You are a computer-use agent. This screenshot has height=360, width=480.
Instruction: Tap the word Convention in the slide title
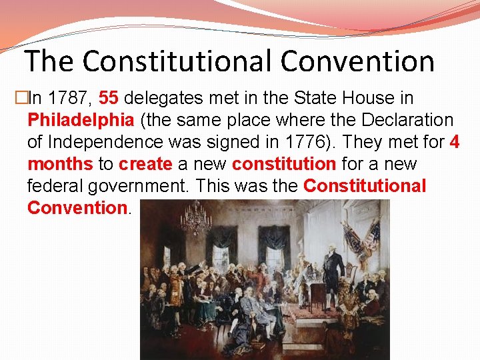357,61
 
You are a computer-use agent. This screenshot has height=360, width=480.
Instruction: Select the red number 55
109,98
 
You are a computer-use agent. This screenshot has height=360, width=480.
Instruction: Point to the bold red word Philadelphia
80,120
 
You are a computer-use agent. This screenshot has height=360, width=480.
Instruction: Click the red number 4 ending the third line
454,142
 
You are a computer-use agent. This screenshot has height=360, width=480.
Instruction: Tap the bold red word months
61,164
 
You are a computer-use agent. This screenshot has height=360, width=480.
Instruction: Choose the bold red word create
145,164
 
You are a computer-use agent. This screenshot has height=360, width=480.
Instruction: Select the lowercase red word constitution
284,164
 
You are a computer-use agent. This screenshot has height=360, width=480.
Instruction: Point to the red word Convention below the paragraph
77,207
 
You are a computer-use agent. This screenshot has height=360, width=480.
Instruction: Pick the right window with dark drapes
274,250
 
